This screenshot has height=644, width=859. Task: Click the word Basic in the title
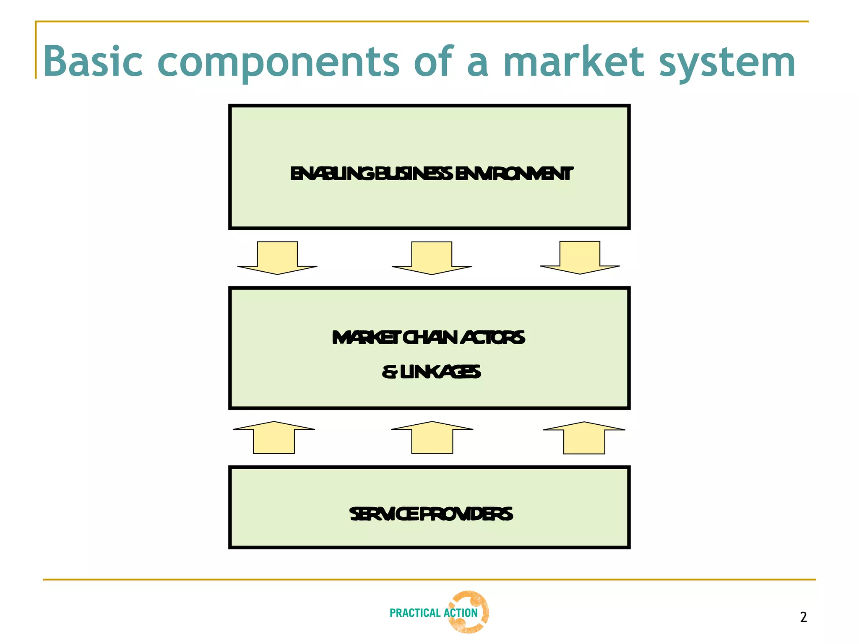point(93,62)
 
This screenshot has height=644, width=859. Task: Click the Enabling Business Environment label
point(431,174)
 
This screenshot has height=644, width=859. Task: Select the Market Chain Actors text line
point(428,338)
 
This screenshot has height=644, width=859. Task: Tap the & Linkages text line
point(431,372)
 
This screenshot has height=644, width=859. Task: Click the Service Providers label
point(431,514)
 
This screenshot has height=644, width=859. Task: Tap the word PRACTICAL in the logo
point(415,613)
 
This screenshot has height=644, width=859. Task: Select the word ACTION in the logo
point(461,613)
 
